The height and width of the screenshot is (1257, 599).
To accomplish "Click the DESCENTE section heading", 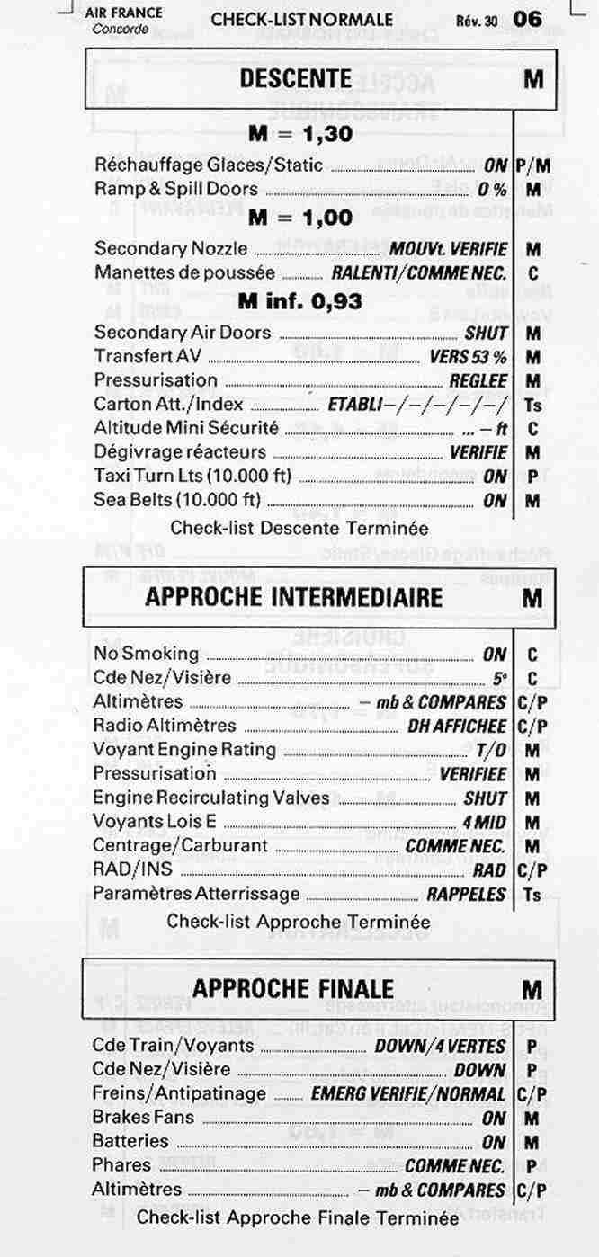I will tap(295, 78).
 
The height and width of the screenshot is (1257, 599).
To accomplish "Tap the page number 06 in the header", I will tap(527, 18).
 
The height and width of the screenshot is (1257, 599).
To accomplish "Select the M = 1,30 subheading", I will tap(299, 135).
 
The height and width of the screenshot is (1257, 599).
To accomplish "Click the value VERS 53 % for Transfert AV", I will tap(468, 356).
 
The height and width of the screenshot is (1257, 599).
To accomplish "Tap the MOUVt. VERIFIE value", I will tap(448, 249).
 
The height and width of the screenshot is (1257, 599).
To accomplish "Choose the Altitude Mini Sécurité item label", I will tap(186, 428).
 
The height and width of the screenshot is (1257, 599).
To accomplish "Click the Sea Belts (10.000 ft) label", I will tap(177, 500).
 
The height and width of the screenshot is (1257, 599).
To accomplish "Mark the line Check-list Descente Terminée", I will tap(299, 528).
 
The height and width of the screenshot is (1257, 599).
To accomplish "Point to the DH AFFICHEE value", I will tap(457, 726).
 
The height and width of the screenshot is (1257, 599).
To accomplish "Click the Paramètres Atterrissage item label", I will tap(196, 894).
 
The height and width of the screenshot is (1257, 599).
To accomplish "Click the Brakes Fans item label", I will tap(143, 1117).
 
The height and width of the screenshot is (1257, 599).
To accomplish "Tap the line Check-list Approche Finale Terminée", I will tap(297, 1217).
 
